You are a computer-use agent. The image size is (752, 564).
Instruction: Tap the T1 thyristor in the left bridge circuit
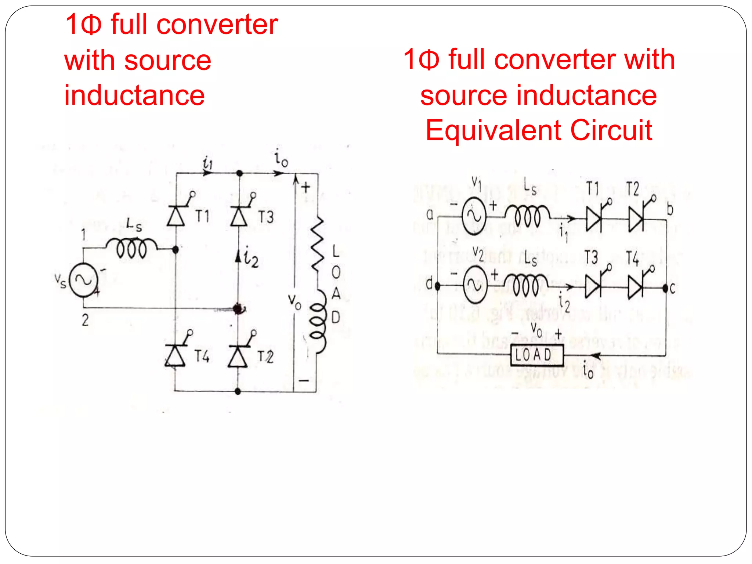click(x=176, y=216)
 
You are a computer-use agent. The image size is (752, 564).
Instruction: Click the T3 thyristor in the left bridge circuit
click(x=239, y=216)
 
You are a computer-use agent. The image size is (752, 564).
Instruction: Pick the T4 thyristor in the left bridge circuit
click(x=175, y=355)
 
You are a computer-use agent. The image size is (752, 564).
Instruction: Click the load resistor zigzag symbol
click(x=317, y=244)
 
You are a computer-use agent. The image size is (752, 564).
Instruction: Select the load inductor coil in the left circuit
click(x=318, y=321)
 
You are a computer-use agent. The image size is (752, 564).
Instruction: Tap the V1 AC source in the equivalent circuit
click(x=474, y=216)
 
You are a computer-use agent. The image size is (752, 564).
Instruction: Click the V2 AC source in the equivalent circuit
click(x=475, y=285)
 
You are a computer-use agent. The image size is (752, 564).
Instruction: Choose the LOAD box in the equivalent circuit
click(x=537, y=355)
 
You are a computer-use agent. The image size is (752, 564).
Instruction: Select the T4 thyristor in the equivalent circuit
click(x=636, y=286)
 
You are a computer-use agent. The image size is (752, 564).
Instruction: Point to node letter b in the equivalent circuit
click(x=670, y=209)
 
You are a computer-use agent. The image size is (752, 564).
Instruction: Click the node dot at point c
click(x=665, y=288)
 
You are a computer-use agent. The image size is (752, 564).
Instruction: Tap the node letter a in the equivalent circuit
click(x=430, y=214)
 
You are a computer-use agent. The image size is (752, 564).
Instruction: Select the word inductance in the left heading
click(x=134, y=95)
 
